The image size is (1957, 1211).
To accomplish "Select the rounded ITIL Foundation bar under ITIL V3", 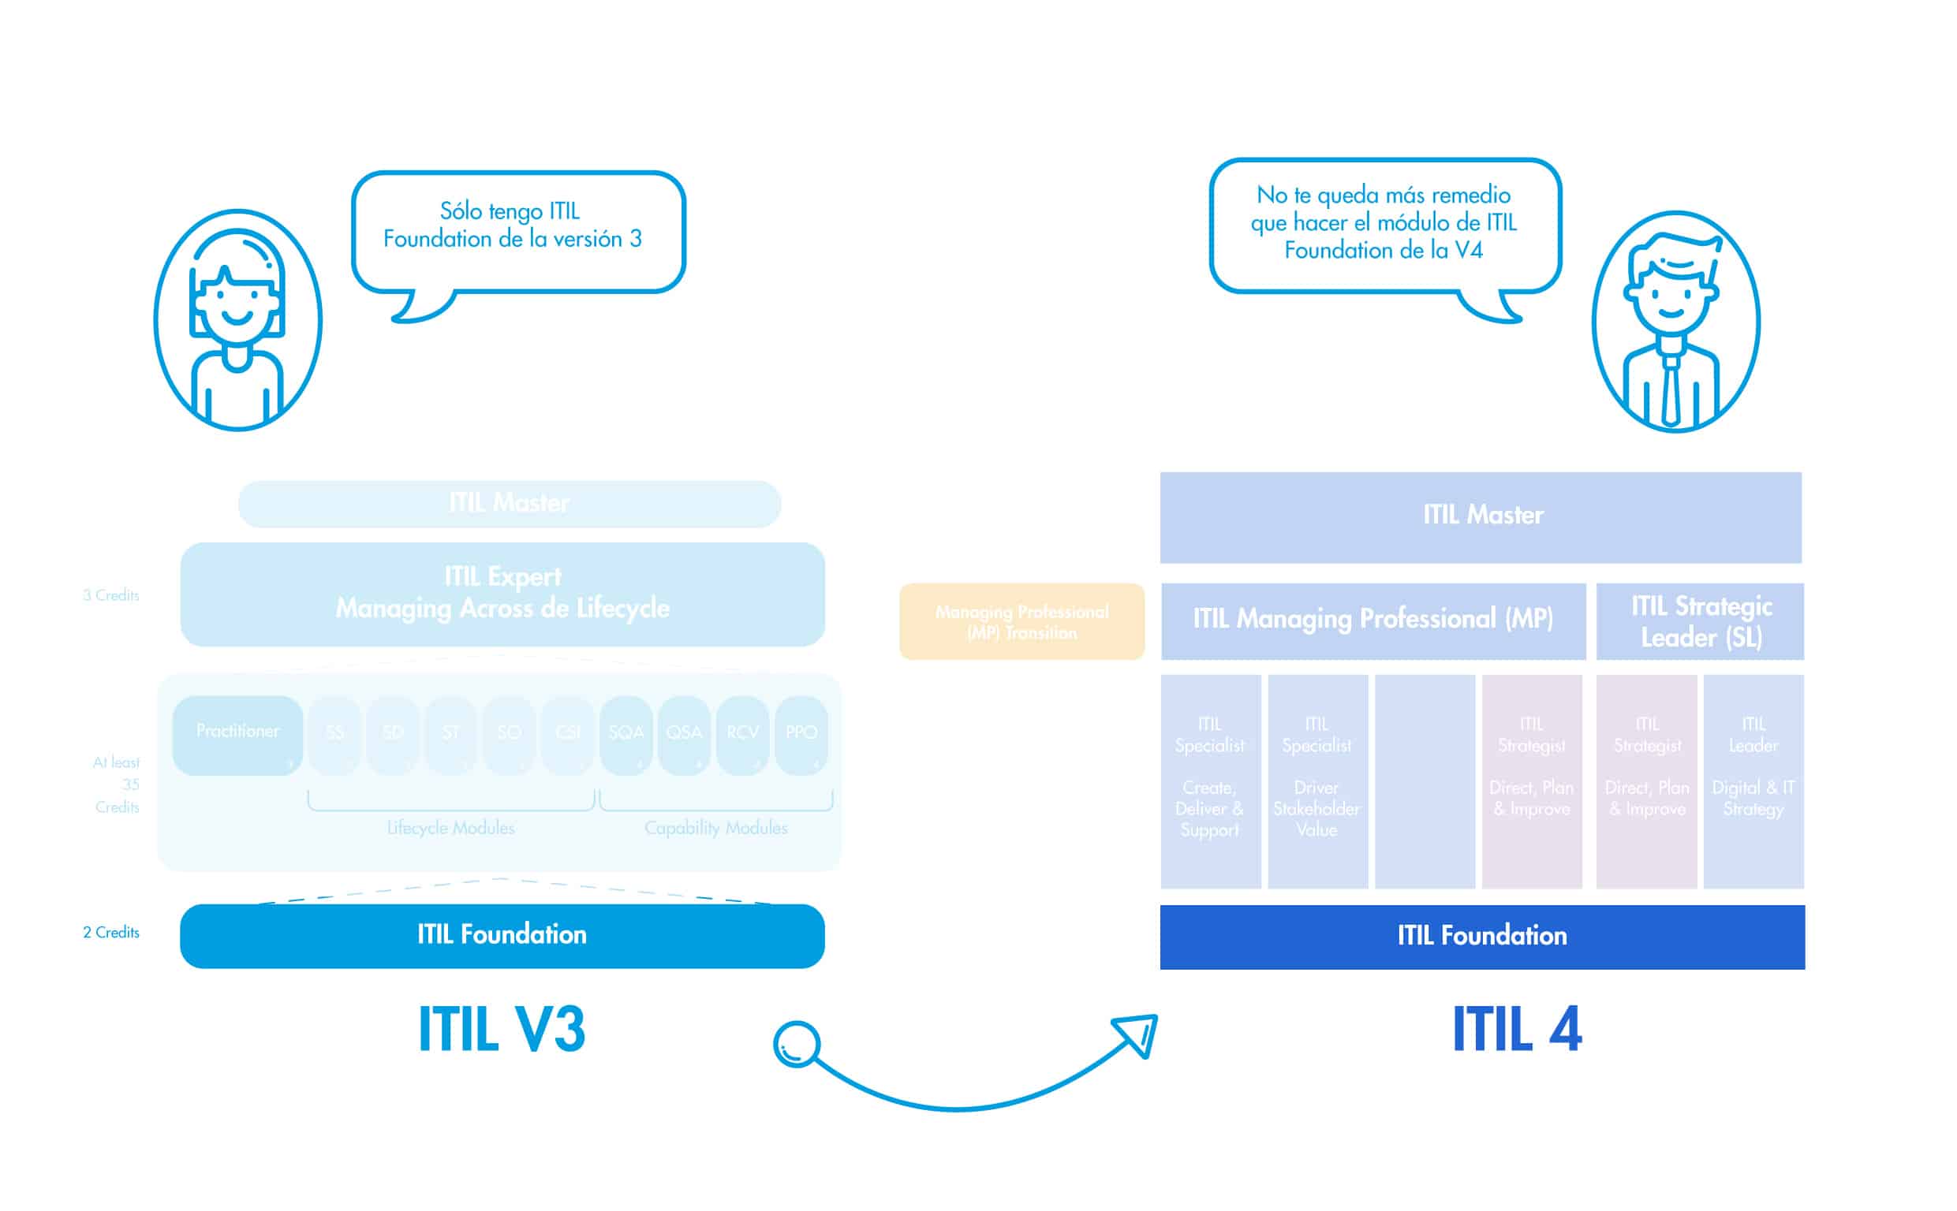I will coord(502,935).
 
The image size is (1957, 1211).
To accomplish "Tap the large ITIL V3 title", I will coord(502,1029).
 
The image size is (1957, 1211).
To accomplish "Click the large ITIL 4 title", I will coord(1515,1029).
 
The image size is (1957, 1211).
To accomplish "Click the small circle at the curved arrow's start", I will coord(796,1045).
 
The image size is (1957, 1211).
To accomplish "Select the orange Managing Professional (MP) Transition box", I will coord(1021,621).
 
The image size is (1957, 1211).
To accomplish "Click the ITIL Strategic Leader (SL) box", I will coord(1700,621).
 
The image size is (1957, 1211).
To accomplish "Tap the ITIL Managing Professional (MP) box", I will coord(1373,620).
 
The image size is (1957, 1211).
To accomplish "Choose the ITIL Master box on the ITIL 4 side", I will coord(1481,516).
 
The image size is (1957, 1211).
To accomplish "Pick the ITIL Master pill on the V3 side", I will coord(509,503).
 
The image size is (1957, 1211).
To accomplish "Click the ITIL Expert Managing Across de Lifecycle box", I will coord(502,594).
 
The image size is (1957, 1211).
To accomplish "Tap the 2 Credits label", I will coord(110,932).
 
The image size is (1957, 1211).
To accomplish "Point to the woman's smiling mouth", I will coord(237,318).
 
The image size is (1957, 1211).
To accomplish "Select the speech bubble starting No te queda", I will coord(1384,225).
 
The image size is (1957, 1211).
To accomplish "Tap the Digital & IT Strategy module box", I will coord(1753,780).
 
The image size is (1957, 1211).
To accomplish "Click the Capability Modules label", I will coord(715,828).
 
